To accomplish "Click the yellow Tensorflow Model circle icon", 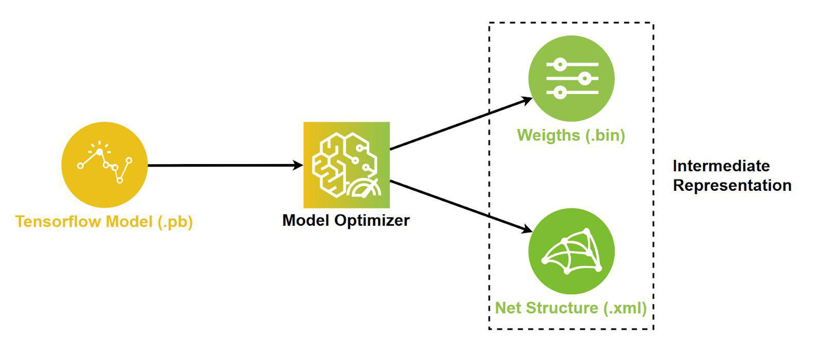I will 104,165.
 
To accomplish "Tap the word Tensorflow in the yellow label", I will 58,222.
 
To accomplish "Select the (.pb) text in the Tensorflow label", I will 175,222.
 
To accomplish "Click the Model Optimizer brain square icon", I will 346,165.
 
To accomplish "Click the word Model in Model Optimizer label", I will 306,221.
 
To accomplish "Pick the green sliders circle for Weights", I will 571,78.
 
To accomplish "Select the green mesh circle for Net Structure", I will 571,251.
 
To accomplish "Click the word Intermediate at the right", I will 721,166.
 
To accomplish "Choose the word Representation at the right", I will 732,185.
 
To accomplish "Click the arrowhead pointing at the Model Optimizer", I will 298,165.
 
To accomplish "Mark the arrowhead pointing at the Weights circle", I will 528,99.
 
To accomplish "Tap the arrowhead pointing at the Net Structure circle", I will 528,230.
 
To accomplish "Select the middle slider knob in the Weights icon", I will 584,79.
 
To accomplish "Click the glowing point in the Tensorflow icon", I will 100,151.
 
